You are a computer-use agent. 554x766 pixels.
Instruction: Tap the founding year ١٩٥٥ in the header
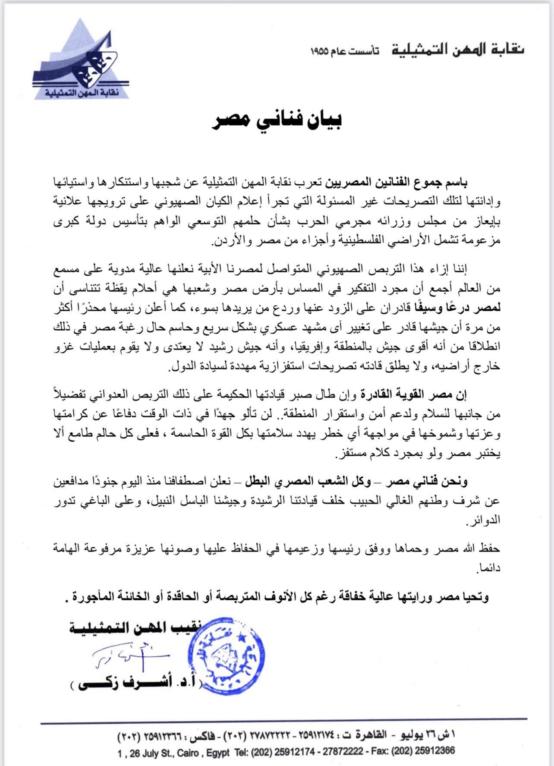pos(321,51)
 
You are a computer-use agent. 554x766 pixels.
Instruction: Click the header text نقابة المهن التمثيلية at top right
pos(458,50)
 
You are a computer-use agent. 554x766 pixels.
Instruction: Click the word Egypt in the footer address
pos(217,753)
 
